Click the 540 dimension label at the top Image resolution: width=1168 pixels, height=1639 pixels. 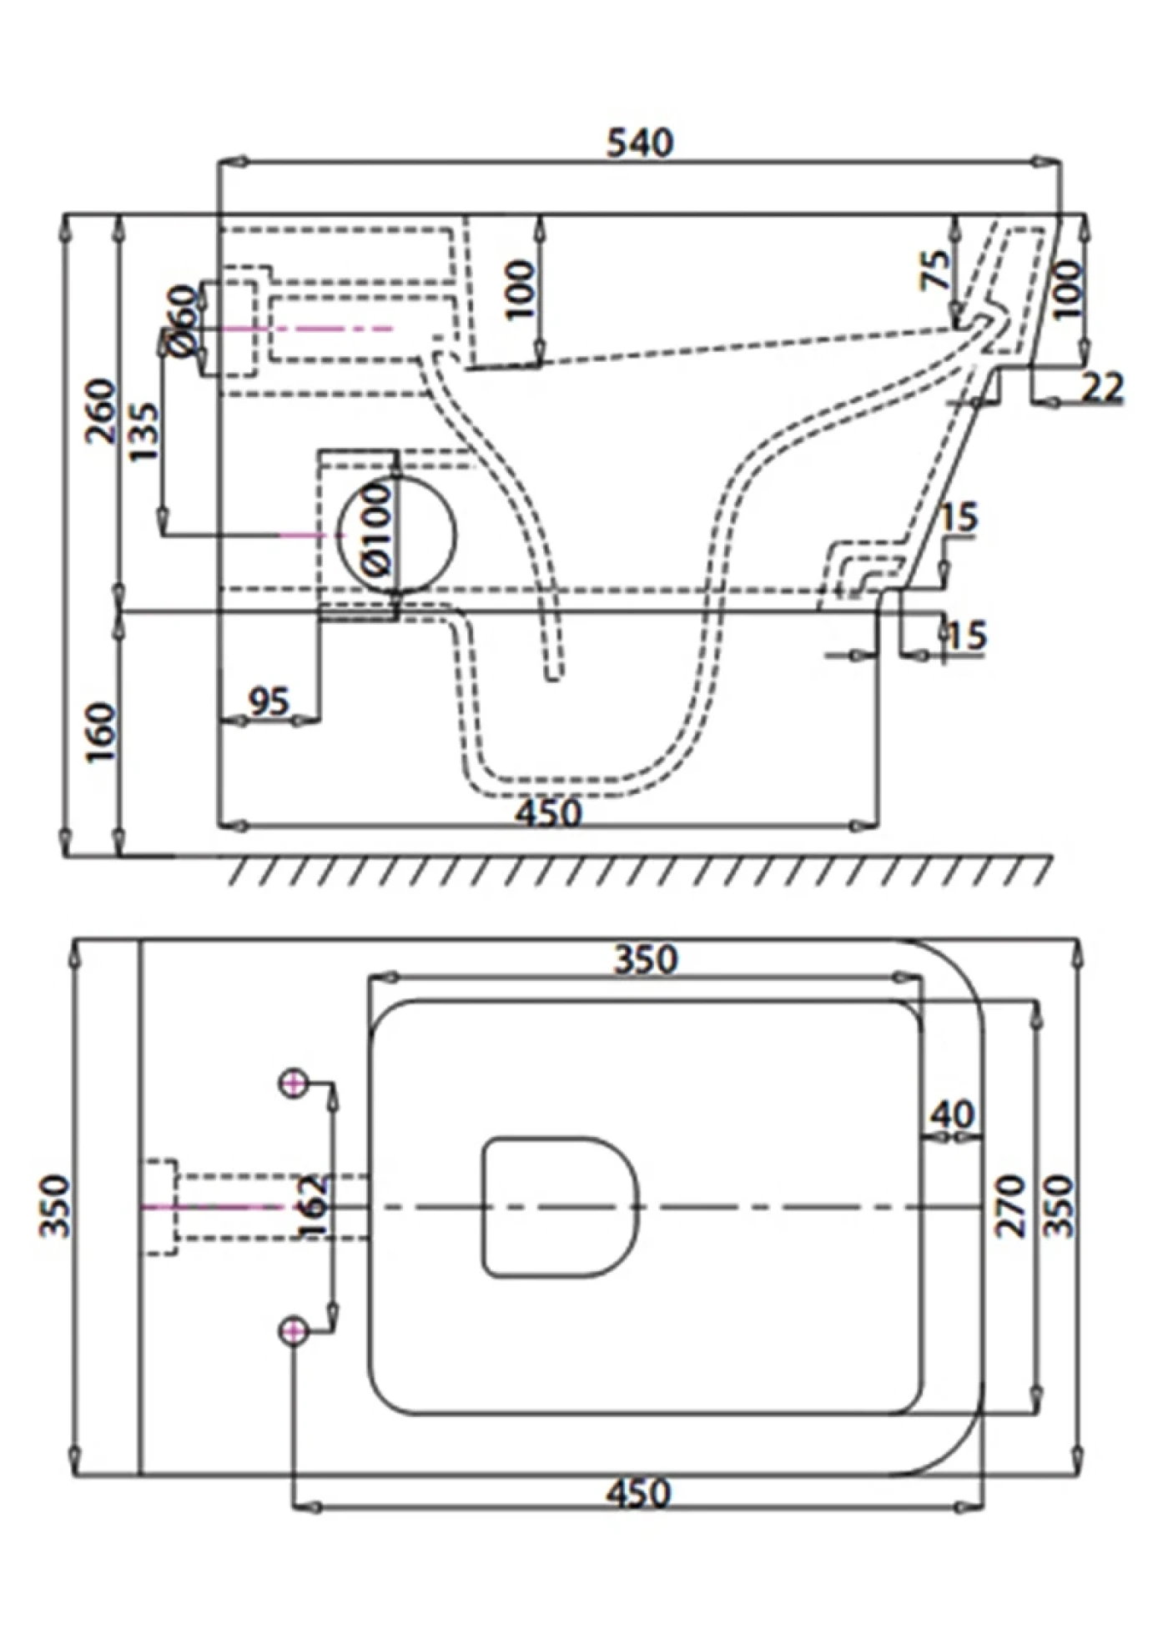(x=639, y=143)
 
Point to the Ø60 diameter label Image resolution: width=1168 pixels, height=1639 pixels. (x=183, y=321)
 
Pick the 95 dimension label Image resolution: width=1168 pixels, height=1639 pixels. (x=269, y=701)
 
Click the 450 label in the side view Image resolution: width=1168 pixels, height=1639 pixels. (x=547, y=812)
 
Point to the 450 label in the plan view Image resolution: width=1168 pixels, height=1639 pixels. (x=637, y=1493)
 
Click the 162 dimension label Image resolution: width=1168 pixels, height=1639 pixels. (x=313, y=1207)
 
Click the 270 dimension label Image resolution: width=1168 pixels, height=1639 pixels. (x=1012, y=1206)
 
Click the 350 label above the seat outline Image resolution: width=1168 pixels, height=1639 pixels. (x=646, y=959)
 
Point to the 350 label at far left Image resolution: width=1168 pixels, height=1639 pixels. (x=56, y=1206)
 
